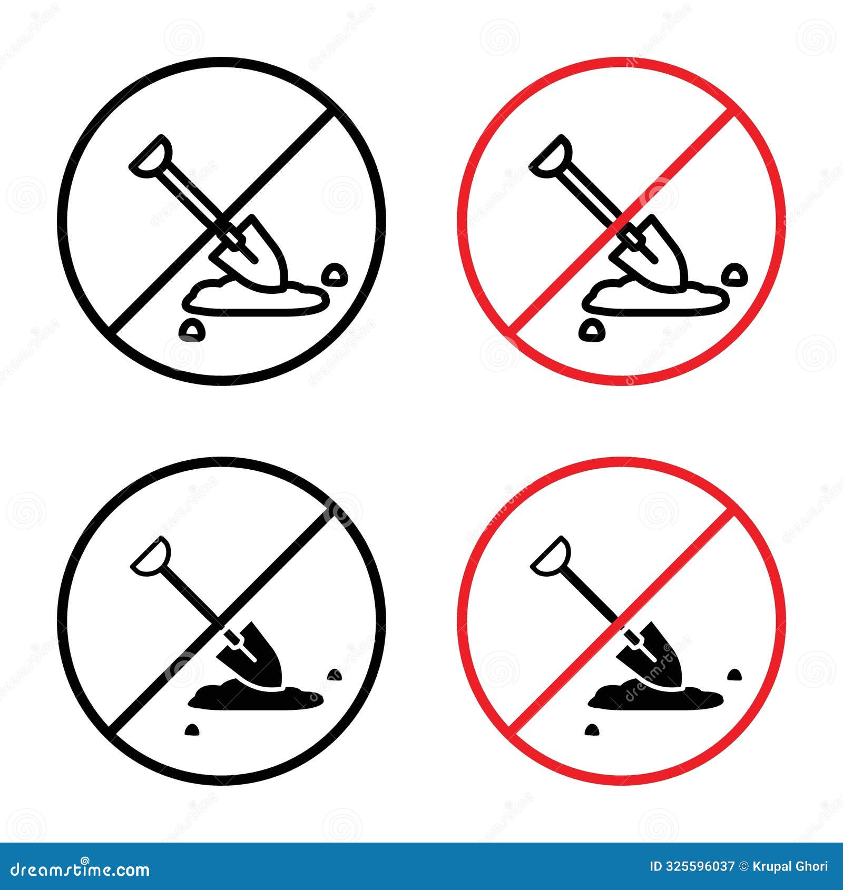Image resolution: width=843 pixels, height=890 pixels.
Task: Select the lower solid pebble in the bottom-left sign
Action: tap(191, 729)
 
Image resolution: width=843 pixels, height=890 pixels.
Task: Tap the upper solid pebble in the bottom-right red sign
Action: tap(734, 674)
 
